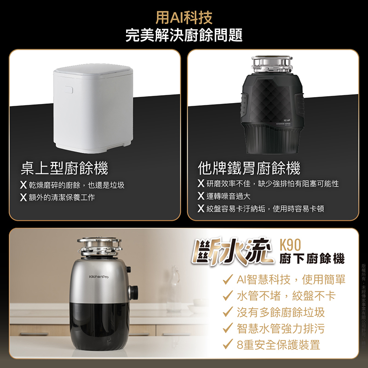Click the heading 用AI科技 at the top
click(x=184, y=18)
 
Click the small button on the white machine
click(x=68, y=89)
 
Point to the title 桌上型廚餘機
click(x=64, y=168)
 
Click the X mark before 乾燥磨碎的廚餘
click(x=23, y=184)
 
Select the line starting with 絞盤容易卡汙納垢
click(x=265, y=209)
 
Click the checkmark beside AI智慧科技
click(x=227, y=279)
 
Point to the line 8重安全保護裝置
click(x=278, y=344)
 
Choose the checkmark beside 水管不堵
click(x=227, y=295)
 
